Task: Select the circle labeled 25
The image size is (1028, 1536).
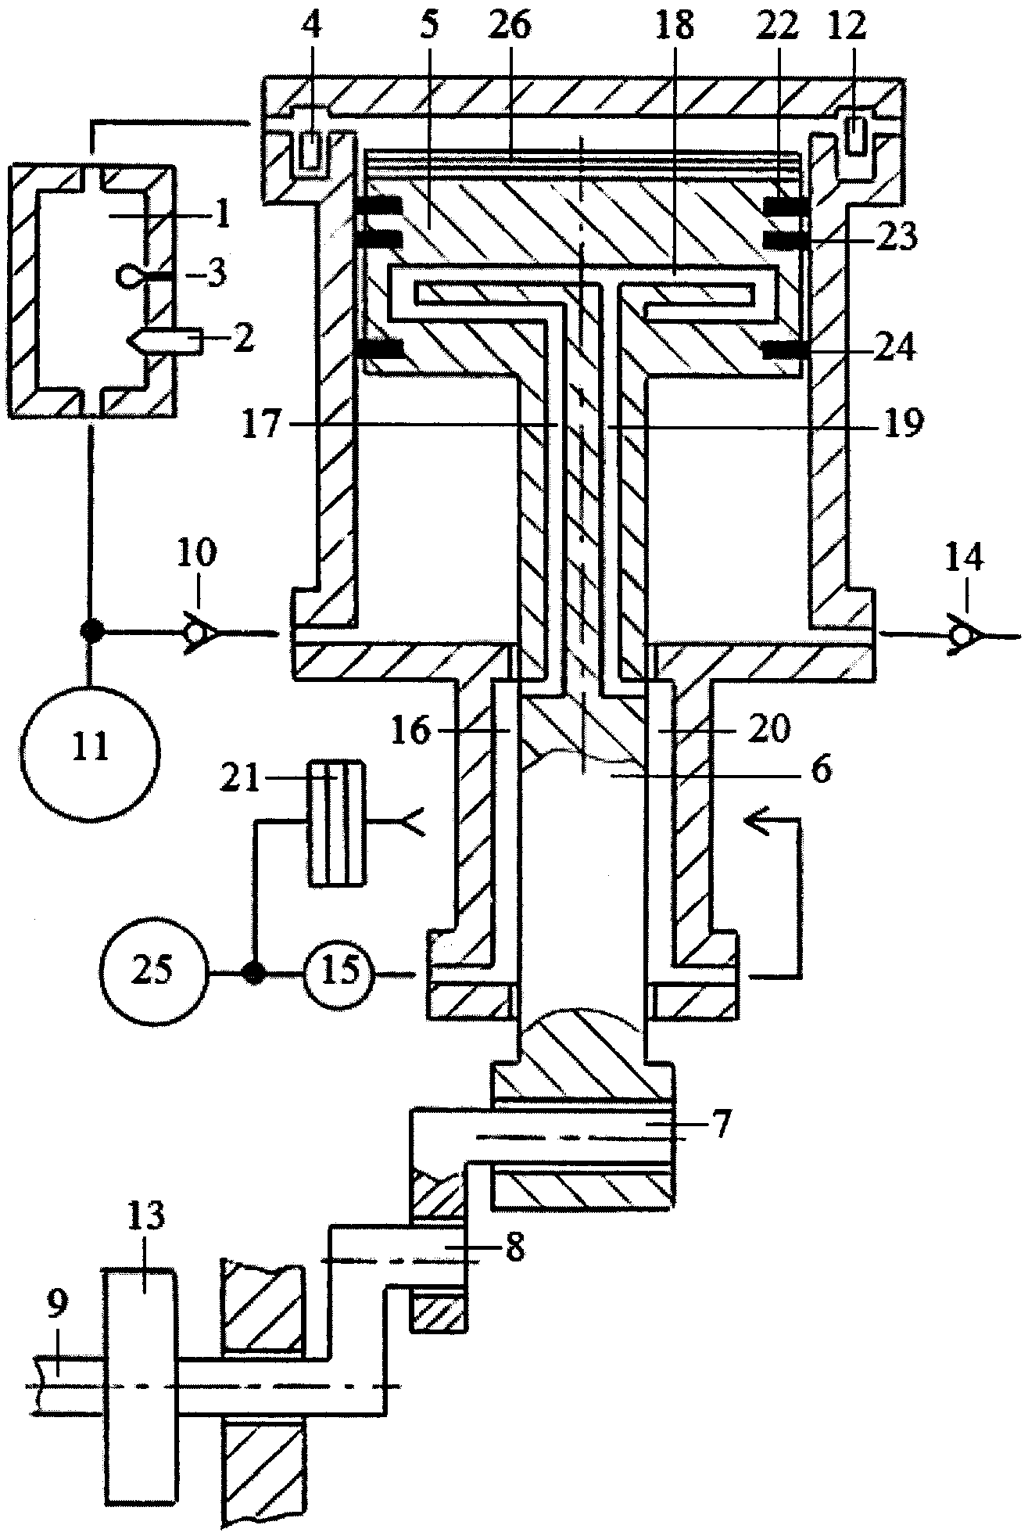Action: tap(154, 973)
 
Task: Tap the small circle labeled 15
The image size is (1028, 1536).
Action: tap(340, 973)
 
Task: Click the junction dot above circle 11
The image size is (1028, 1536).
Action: tap(91, 631)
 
